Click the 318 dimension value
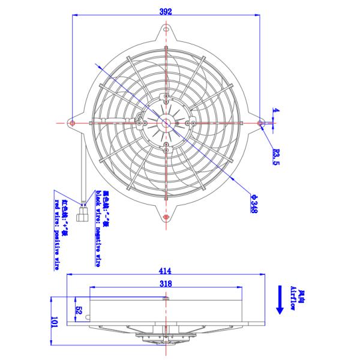coord(166,283)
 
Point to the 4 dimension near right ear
coord(276,110)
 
